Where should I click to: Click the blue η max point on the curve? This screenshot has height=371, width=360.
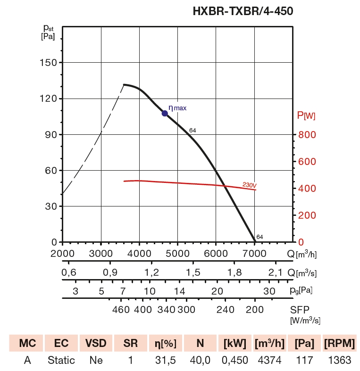(x=165, y=113)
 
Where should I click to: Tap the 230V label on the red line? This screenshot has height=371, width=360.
(x=249, y=185)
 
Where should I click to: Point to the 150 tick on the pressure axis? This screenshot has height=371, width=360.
(x=47, y=63)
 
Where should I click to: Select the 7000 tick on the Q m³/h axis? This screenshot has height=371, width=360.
(x=255, y=254)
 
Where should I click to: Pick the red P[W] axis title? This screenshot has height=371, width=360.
(x=306, y=115)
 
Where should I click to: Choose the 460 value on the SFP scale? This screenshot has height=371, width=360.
(x=121, y=309)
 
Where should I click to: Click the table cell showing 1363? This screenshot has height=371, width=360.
(x=338, y=361)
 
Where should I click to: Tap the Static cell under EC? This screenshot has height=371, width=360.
(x=61, y=361)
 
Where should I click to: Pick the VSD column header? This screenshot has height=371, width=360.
(x=96, y=343)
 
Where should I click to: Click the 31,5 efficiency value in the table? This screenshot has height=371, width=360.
(x=165, y=361)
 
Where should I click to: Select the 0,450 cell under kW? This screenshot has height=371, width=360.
(x=234, y=361)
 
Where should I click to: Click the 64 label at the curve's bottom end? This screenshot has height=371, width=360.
(x=260, y=237)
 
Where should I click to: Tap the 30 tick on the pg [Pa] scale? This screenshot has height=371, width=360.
(x=269, y=291)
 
